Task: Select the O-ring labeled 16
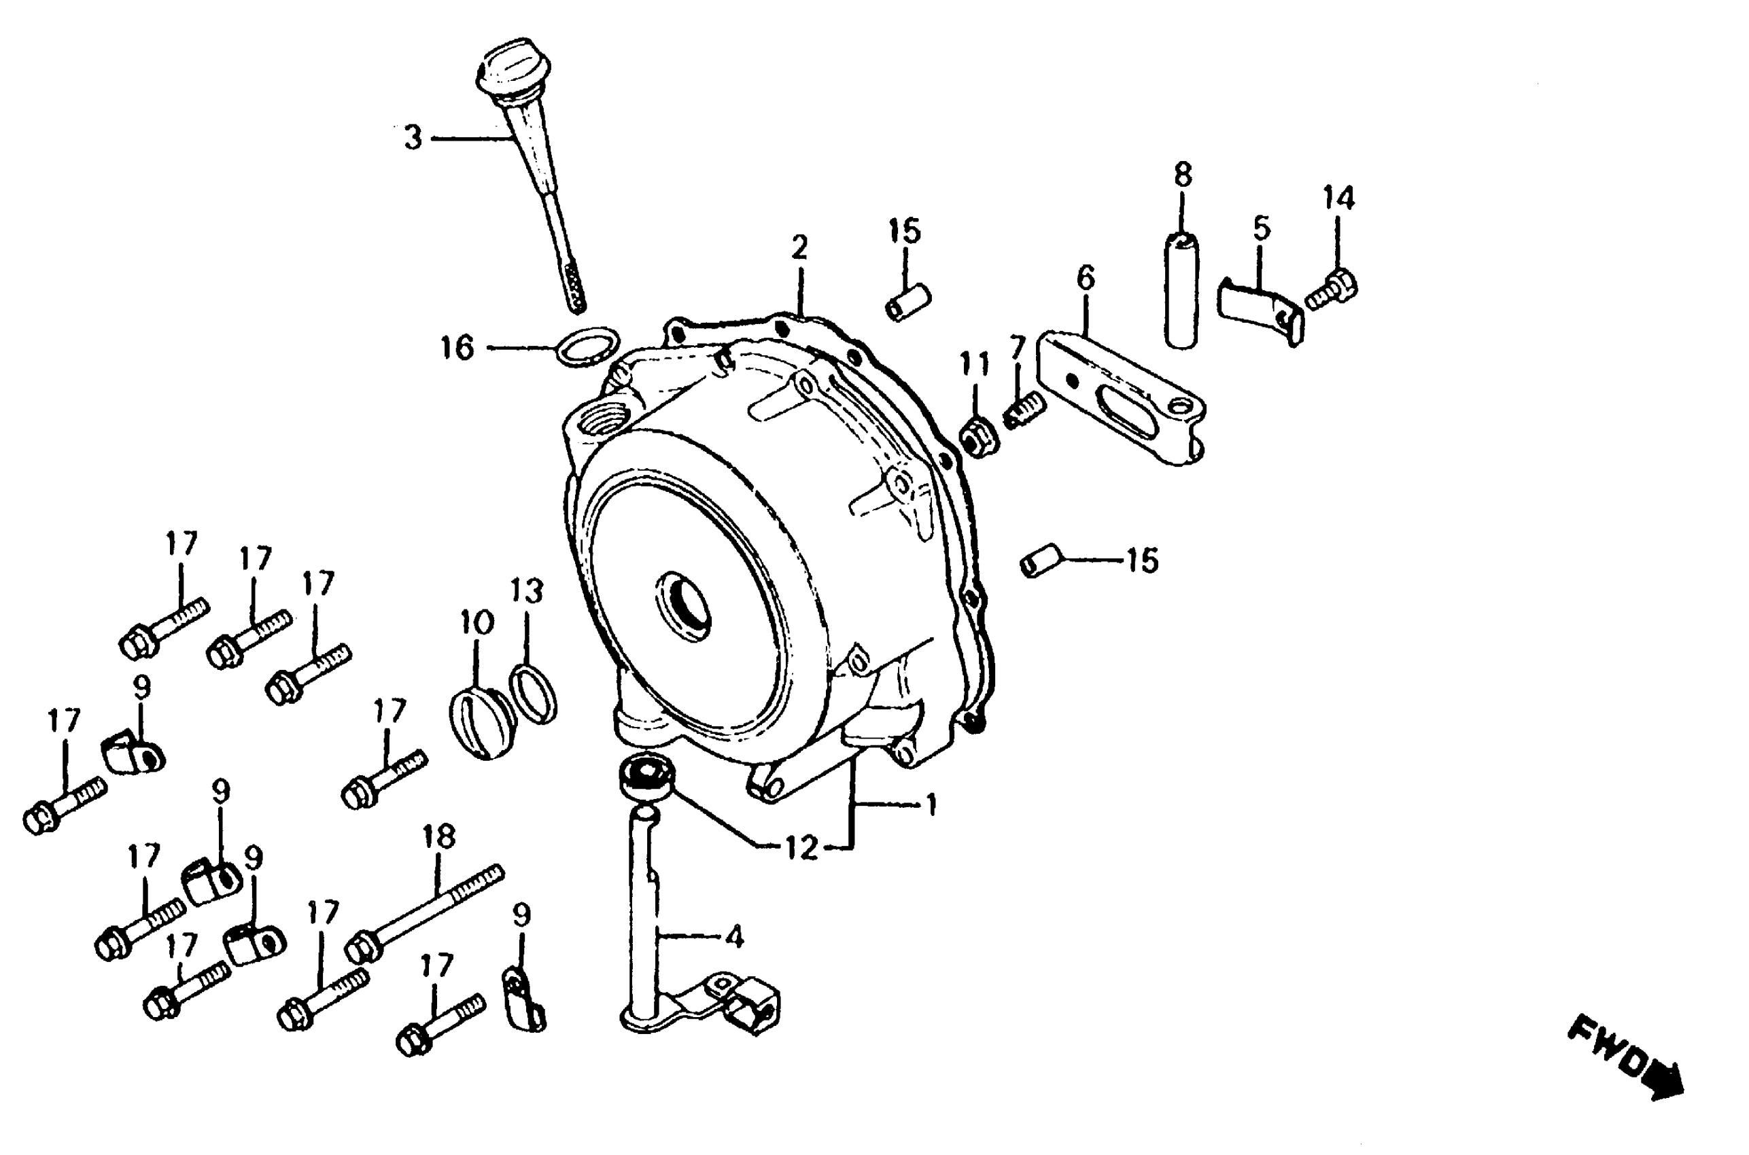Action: (x=588, y=344)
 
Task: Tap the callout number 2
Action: (x=799, y=248)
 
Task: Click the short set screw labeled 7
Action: (x=1023, y=410)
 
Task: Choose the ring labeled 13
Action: (x=534, y=693)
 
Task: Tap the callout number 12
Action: (x=801, y=848)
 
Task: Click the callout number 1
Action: (x=932, y=805)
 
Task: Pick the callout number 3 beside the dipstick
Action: (x=413, y=138)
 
